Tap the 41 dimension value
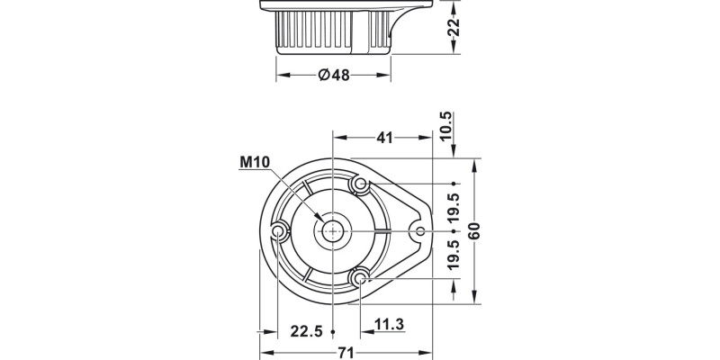(384, 137)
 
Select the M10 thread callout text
(255, 163)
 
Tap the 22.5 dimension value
(306, 331)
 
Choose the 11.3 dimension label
(388, 323)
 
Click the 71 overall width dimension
(345, 353)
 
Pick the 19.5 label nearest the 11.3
(454, 255)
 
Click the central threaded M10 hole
(333, 231)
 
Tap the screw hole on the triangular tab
(418, 231)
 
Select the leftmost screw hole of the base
(278, 233)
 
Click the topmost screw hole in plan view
(360, 184)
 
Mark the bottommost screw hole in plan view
(360, 279)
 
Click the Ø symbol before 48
(323, 76)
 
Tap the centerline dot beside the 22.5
(333, 330)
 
